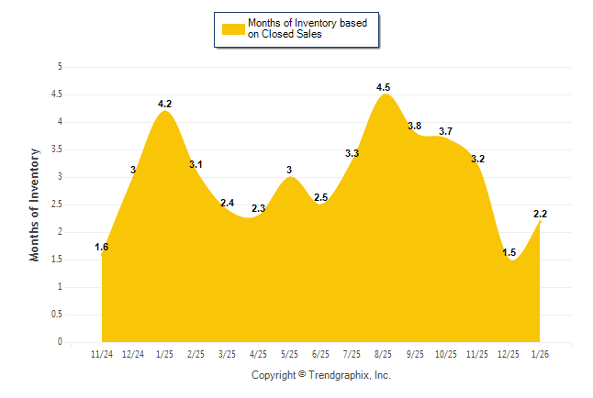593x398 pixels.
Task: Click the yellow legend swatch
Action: (233, 28)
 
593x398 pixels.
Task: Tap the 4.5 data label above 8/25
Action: (384, 88)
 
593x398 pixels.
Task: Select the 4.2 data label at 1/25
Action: (164, 104)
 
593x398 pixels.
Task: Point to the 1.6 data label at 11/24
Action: (102, 248)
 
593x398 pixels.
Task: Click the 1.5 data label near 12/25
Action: (509, 253)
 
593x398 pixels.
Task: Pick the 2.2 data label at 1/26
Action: (540, 215)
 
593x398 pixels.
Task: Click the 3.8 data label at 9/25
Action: (414, 127)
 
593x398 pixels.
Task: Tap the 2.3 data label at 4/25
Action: (258, 209)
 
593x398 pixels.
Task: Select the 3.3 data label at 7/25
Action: (352, 154)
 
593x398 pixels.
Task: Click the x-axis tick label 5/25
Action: (289, 353)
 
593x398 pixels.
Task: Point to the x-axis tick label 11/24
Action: (102, 353)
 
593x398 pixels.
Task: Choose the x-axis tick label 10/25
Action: (446, 353)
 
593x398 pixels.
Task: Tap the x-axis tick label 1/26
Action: (540, 353)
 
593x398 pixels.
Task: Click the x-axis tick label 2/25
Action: (196, 353)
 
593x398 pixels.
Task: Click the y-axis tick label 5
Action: (60, 67)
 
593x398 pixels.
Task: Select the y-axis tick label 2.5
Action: (57, 205)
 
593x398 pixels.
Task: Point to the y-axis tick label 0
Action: (60, 342)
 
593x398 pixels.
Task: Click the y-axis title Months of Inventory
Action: (35, 205)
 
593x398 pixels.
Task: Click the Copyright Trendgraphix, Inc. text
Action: (321, 375)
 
